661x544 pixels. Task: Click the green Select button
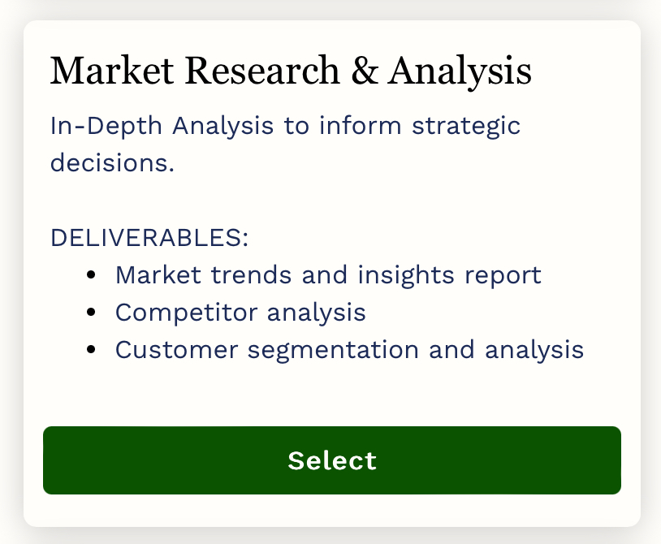(331, 460)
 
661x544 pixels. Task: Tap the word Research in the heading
(260, 71)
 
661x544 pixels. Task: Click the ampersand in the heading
(364, 71)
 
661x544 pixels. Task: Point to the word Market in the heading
(107, 71)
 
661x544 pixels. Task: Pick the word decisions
(112, 162)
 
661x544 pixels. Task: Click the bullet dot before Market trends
(92, 274)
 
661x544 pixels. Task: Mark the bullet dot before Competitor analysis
(92, 312)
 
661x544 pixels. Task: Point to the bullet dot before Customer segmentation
(92, 350)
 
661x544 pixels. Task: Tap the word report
(503, 274)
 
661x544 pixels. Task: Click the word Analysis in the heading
(460, 71)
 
